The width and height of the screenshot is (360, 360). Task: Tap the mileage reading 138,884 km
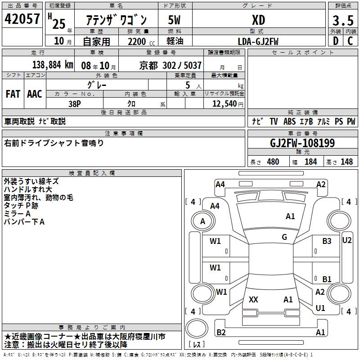tap(53, 65)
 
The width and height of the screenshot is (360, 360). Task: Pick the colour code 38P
tap(75, 103)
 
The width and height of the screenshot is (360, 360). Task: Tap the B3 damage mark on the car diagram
tap(327, 241)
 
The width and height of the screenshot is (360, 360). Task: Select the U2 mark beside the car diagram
tap(347, 240)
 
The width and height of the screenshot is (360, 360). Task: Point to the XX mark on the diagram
tap(253, 300)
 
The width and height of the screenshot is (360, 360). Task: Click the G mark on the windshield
tap(284, 237)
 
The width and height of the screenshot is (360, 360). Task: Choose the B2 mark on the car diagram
tap(221, 333)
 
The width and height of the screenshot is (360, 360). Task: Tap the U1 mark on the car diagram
tap(320, 308)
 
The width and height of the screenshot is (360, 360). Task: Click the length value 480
tap(273, 162)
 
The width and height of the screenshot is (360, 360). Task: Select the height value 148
tap(346, 162)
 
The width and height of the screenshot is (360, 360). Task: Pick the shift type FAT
tap(13, 94)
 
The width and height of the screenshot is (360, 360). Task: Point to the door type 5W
tap(175, 20)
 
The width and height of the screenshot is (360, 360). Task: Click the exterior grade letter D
tap(335, 41)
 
